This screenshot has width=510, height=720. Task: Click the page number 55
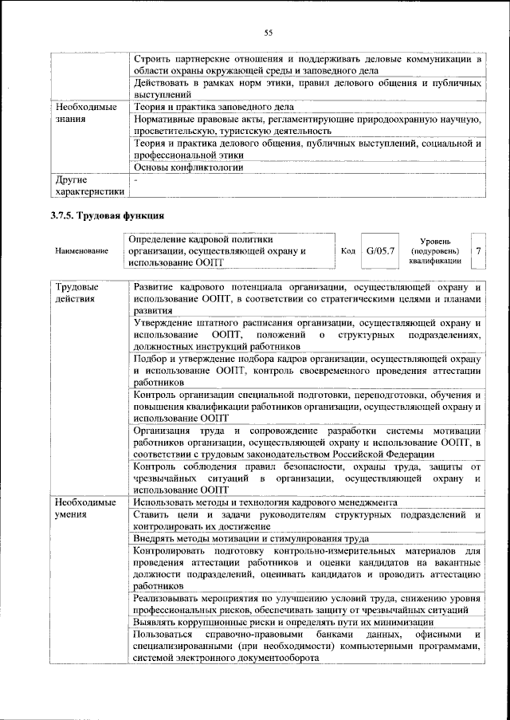coord(269,33)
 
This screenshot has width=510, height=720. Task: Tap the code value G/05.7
coord(380,250)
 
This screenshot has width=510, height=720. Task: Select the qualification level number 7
coord(478,250)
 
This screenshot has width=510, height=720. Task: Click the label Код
coord(347,251)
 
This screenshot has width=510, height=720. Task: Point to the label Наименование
coord(82,251)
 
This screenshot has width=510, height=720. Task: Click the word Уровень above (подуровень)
coord(435,240)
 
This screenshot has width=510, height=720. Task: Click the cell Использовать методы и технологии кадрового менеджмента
coord(261,503)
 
